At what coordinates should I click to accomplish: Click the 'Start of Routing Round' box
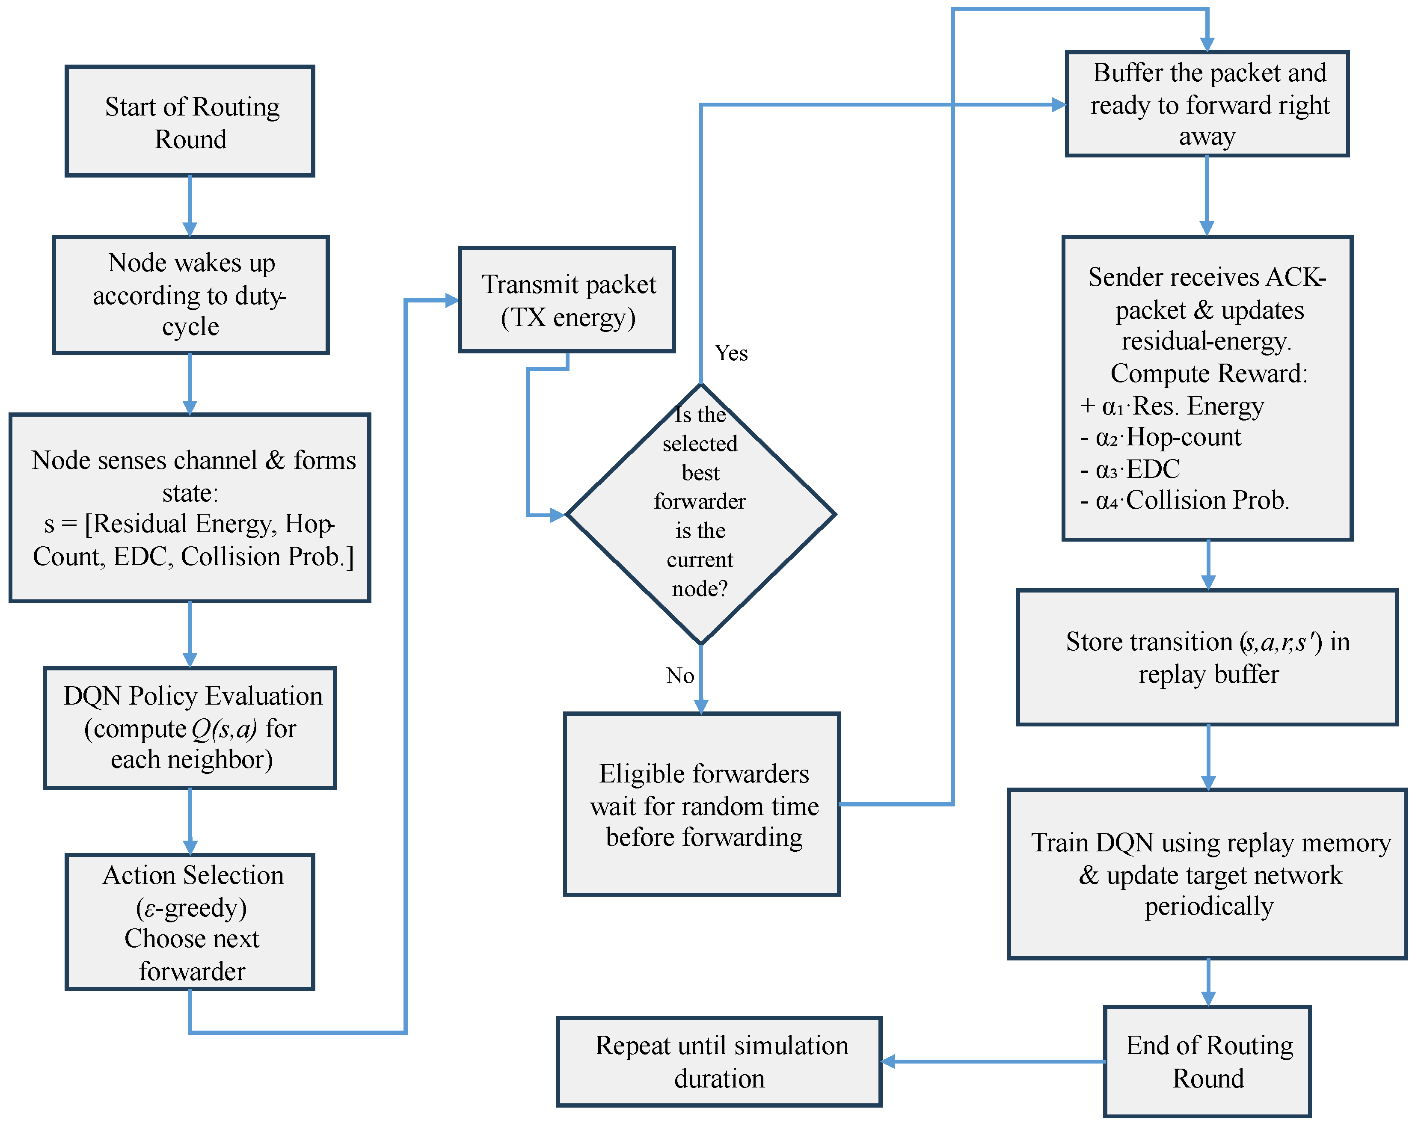pyautogui.click(x=190, y=121)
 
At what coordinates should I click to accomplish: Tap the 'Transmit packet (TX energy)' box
pyautogui.click(x=567, y=300)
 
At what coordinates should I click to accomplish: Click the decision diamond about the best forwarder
pyautogui.click(x=701, y=514)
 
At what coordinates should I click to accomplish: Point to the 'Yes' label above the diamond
pyautogui.click(x=731, y=353)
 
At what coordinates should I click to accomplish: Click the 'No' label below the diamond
pyautogui.click(x=680, y=676)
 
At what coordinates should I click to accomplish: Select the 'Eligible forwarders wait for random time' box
pyautogui.click(x=702, y=804)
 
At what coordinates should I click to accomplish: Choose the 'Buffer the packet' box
pyautogui.click(x=1207, y=104)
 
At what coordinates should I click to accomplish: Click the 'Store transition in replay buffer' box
pyautogui.click(x=1207, y=658)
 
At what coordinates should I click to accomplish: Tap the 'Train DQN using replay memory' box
pyautogui.click(x=1207, y=874)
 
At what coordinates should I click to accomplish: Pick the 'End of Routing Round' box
pyautogui.click(x=1207, y=1061)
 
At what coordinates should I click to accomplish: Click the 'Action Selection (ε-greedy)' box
pyautogui.click(x=190, y=922)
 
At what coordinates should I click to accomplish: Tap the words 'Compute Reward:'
pyautogui.click(x=1209, y=373)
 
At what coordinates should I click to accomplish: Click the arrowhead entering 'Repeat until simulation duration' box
pyautogui.click(x=888, y=1061)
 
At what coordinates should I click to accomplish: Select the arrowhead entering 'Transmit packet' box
pyautogui.click(x=452, y=301)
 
